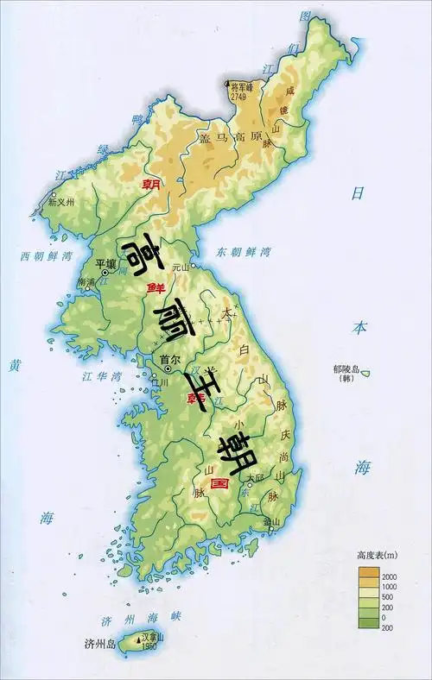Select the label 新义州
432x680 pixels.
click(x=61, y=203)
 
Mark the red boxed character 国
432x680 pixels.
click(x=219, y=485)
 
